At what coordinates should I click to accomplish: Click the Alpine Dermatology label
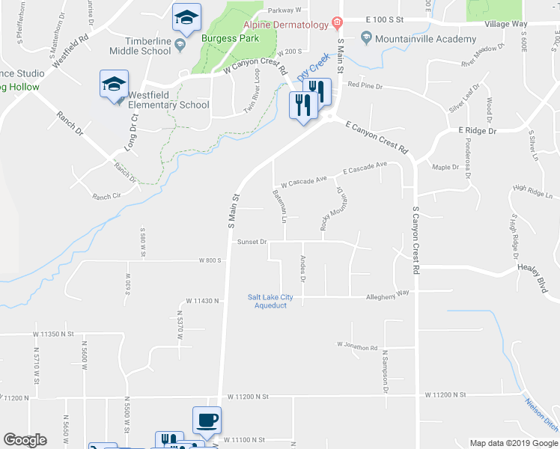(285, 25)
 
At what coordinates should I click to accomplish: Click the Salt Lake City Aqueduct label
(270, 301)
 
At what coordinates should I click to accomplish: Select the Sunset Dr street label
(252, 242)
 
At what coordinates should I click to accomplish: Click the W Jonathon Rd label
(357, 346)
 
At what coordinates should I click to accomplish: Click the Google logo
(25, 440)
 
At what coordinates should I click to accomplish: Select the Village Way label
(505, 25)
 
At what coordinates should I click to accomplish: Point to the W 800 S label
(211, 260)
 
